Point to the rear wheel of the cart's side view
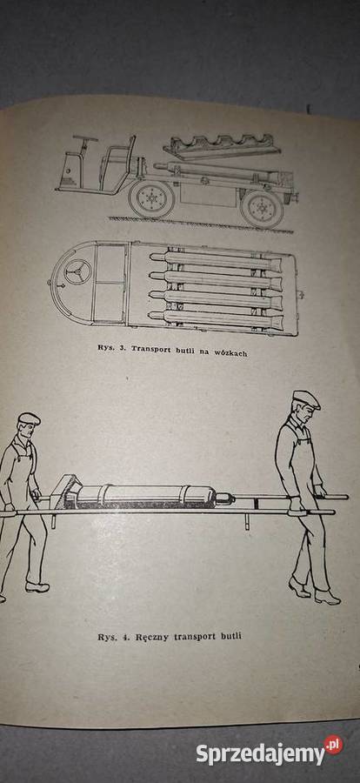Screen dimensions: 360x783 point(262,208)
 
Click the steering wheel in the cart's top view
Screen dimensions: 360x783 point(77,271)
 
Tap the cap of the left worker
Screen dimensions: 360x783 point(30,418)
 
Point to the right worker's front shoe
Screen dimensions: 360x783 point(327,597)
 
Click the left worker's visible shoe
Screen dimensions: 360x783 point(37,587)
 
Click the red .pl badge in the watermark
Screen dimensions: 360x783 point(334,745)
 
